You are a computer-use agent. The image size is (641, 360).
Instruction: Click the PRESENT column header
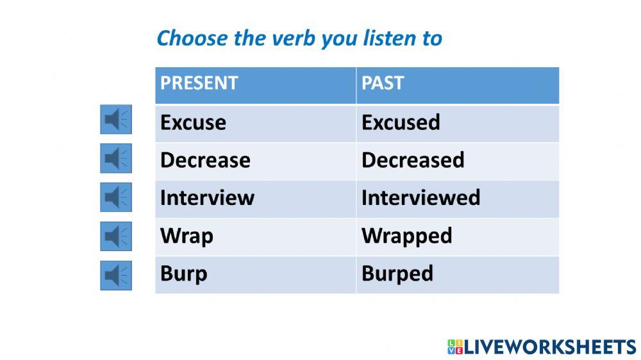(199, 83)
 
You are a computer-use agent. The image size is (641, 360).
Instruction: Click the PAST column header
(383, 83)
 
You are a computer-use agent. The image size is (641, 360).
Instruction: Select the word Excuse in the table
(193, 122)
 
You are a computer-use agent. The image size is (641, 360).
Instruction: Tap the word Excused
(401, 122)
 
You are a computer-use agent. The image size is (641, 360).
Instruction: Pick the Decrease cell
(205, 160)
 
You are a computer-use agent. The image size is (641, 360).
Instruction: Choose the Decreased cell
(413, 160)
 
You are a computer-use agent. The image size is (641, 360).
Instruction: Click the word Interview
(207, 198)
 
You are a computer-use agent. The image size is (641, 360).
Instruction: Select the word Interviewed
(420, 198)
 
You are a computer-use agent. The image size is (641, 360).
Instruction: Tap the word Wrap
(187, 236)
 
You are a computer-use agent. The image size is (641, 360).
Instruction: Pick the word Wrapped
(406, 236)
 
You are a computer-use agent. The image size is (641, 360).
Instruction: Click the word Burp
(183, 274)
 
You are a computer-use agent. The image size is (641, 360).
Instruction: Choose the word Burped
(397, 274)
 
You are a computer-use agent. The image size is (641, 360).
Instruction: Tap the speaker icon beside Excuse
(116, 120)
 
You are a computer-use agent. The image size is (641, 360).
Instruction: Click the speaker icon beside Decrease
(116, 158)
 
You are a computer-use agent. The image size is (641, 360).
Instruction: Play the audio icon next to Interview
(116, 197)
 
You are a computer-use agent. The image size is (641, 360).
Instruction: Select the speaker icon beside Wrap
(116, 236)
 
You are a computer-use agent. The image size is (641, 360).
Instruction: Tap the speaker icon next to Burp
(116, 275)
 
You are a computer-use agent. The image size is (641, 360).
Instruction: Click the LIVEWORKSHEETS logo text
(549, 347)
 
